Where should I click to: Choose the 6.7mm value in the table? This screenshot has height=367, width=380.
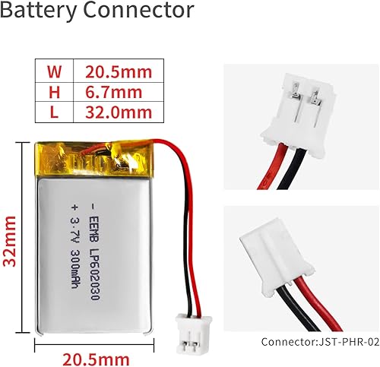[x=114, y=93]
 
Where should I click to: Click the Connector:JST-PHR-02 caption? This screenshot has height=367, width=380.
[x=319, y=342]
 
